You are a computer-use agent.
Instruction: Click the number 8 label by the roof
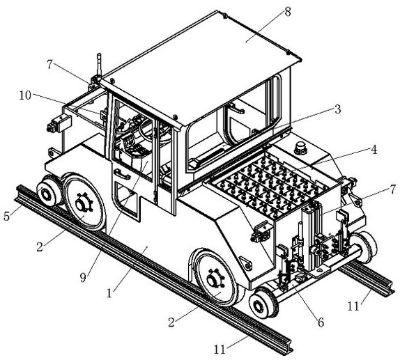[x=288, y=12]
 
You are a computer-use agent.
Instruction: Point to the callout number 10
[x=25, y=95]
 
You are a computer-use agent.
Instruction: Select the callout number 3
[x=337, y=109]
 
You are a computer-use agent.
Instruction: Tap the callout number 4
[x=374, y=150]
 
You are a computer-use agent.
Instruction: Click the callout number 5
[x=7, y=216]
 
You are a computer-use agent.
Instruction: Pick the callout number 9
[x=83, y=278]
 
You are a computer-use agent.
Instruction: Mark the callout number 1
[x=109, y=293]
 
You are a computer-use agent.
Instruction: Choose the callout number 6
[x=321, y=323]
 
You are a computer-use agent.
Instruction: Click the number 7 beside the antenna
[x=50, y=64]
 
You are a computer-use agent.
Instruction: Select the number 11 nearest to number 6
[x=353, y=306]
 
